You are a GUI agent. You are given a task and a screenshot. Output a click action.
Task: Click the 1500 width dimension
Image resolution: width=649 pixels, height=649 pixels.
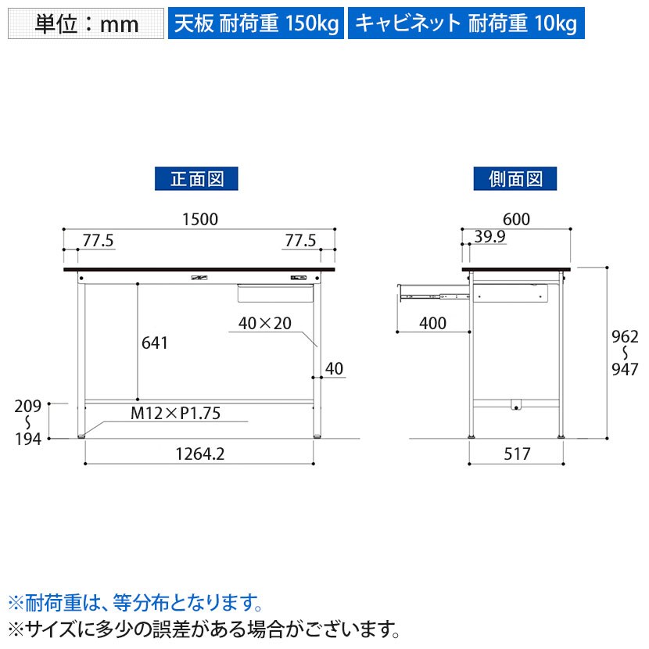coord(200,220)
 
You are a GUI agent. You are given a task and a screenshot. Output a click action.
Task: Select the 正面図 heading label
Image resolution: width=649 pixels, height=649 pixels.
coord(196,179)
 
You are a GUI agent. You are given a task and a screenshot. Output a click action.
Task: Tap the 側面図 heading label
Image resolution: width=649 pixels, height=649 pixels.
coord(515,179)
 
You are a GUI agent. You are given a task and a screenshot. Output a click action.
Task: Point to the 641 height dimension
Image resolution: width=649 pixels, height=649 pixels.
coord(154,342)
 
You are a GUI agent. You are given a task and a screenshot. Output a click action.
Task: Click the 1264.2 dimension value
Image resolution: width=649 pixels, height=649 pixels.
coord(200,454)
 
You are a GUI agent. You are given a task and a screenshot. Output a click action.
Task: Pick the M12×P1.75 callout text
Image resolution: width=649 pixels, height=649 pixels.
coord(175,413)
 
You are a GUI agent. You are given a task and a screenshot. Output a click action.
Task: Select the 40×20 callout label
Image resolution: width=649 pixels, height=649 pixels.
coord(265,323)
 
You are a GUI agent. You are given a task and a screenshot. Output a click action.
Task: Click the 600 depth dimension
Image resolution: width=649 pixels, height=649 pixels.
coord(516,220)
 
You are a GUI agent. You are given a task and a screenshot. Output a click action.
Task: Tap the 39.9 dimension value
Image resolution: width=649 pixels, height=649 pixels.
coord(489,237)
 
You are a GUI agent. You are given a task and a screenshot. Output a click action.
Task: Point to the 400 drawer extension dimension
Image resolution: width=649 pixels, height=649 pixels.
coord(432,323)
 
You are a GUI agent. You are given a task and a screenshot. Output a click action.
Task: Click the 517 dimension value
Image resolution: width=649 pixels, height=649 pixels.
coord(517,454)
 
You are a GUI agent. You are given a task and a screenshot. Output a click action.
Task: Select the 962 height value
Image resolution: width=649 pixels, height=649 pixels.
coord(625,337)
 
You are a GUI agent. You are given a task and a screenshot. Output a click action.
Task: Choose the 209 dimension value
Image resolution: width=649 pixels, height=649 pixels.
coord(27,407)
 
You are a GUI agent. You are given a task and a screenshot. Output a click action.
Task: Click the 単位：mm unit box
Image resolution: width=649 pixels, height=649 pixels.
coord(86,23)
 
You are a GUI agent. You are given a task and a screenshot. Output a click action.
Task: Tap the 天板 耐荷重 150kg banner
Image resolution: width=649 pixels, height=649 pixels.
coord(256,23)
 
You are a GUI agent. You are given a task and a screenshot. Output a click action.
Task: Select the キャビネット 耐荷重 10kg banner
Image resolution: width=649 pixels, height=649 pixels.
coord(466,23)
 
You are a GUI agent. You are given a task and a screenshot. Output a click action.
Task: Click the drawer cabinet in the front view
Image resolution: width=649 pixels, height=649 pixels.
coord(275,293)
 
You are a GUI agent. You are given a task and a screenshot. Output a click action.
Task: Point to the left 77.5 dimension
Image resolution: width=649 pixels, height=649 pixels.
coord(98,241)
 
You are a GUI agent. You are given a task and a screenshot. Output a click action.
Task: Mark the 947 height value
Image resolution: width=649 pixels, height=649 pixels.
coord(625,369)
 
